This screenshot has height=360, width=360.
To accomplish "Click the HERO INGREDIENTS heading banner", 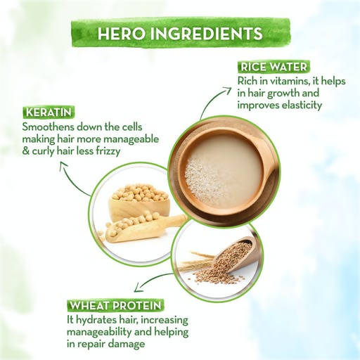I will [180, 33].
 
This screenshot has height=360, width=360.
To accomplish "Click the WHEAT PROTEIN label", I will [116, 306].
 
